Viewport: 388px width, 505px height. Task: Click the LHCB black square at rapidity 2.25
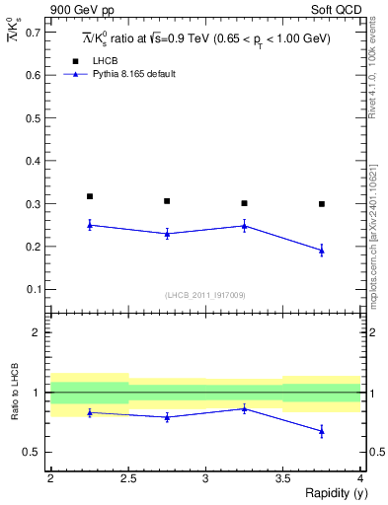click(90, 196)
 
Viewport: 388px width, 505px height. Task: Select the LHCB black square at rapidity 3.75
click(322, 204)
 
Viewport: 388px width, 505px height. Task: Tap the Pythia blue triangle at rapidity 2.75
click(167, 234)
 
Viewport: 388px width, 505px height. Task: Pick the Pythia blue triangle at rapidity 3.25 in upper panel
click(244, 225)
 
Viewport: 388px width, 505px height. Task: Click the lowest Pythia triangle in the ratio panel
click(322, 431)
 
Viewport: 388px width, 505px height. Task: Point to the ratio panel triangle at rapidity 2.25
click(90, 412)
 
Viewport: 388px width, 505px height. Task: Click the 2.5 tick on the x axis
click(128, 477)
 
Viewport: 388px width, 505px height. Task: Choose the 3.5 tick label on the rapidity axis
click(283, 477)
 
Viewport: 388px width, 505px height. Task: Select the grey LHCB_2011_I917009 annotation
click(205, 295)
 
